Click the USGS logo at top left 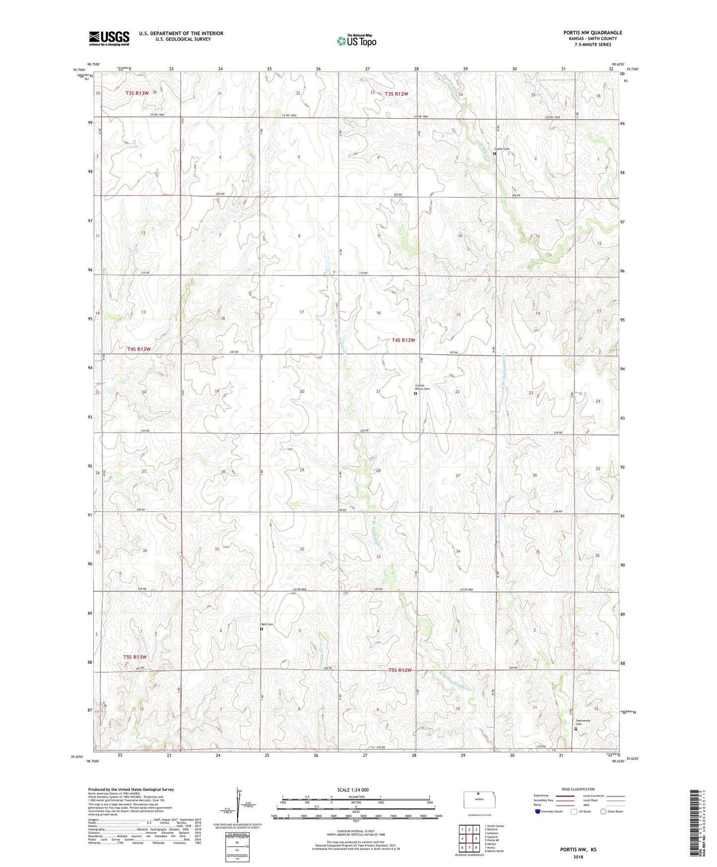click(x=109, y=38)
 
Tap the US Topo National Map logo click(x=356, y=40)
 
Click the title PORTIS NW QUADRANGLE click(x=592, y=33)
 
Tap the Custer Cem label click(x=502, y=149)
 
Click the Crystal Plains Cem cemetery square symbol click(x=415, y=393)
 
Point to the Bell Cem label click(x=267, y=624)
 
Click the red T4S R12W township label click(x=403, y=340)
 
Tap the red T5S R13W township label click(x=135, y=657)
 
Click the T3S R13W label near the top click(x=137, y=93)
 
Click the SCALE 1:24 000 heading click(x=356, y=790)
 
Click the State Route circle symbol click(x=603, y=812)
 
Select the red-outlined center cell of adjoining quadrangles click(x=468, y=838)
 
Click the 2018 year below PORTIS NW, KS click(x=578, y=857)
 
